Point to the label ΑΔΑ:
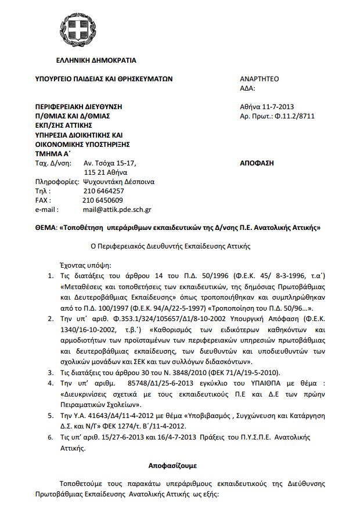pos(247,88)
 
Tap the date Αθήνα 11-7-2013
pos(267,107)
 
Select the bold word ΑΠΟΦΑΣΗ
pos(257,163)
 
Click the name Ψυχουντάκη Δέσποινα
pos(119,181)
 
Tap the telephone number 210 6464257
pos(103,190)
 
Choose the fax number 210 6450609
pos(103,200)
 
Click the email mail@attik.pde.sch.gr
pos(118,209)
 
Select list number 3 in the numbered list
pos(50,372)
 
